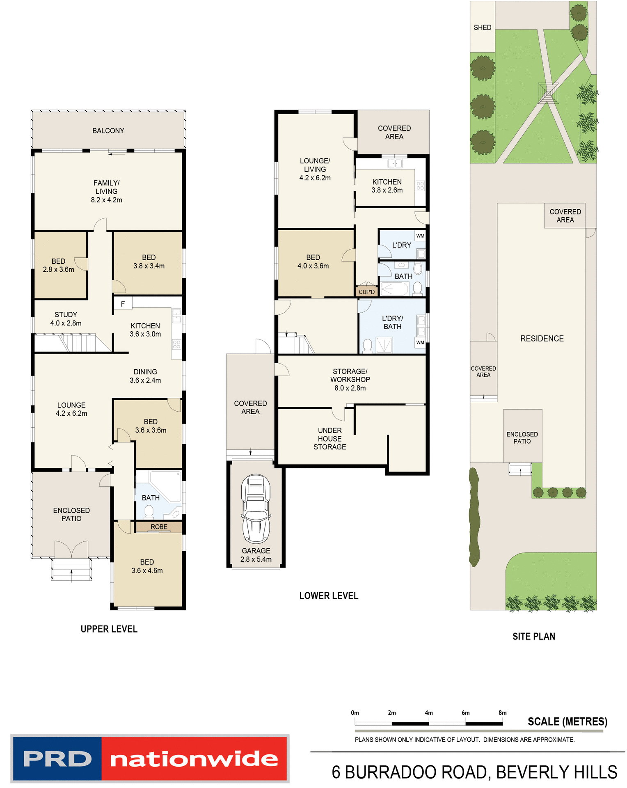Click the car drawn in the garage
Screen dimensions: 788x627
pos(256,509)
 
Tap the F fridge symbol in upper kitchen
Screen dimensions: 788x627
pos(123,304)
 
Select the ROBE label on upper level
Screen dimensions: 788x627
pos(159,527)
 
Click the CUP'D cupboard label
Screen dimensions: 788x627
pos(366,292)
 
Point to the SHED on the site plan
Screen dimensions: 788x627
pos(482,27)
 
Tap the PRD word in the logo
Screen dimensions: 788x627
pos(57,759)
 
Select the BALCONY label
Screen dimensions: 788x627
pos(108,131)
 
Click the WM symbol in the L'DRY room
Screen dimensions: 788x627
pos(420,236)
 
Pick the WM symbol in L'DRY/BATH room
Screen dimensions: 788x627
pos(420,342)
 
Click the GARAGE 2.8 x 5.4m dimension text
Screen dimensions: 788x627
pos(256,559)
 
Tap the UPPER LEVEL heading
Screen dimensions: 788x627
pos(109,629)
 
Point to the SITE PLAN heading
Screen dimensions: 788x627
pos(533,636)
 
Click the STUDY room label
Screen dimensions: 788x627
pos(66,315)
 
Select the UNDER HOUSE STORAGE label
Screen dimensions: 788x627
pos(330,438)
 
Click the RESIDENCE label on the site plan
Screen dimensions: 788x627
pos(542,339)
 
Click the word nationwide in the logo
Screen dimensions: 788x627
pos(194,759)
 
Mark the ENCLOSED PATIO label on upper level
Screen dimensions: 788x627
pos(71,514)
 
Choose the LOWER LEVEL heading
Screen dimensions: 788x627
pos(328,596)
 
